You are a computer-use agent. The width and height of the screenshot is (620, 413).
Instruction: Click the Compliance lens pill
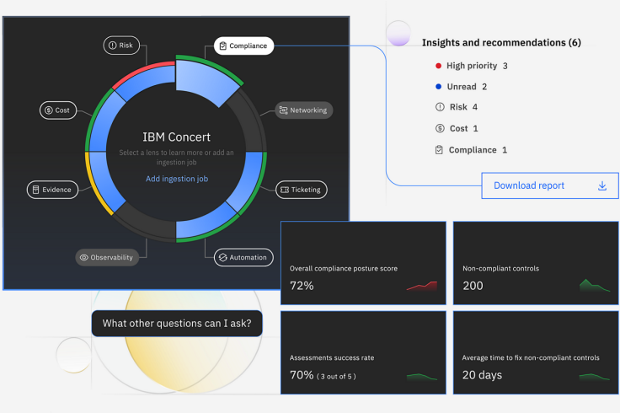tap(243, 46)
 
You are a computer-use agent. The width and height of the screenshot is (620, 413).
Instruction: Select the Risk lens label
tap(122, 46)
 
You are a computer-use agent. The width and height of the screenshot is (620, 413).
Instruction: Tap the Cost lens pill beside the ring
tap(57, 110)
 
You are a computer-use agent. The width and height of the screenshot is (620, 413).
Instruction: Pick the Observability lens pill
tap(107, 257)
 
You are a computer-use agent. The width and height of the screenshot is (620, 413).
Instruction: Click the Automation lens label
tap(242, 257)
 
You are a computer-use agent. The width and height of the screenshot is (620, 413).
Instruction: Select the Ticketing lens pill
tap(300, 190)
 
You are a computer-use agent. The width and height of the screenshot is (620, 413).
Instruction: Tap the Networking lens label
tap(302, 110)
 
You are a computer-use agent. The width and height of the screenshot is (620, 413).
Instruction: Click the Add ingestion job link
tap(176, 179)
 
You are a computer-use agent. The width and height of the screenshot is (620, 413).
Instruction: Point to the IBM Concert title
tap(176, 137)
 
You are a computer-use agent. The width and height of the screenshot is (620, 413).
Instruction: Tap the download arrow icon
tap(602, 185)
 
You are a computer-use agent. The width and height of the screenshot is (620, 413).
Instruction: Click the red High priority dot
tap(438, 66)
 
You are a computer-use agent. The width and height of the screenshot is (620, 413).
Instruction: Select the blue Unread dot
tap(438, 87)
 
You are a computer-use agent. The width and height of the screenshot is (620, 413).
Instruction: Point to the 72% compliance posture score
tap(302, 286)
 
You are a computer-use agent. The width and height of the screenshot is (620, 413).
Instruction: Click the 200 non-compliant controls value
tap(473, 286)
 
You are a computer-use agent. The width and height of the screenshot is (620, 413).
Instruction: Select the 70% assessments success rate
tap(302, 375)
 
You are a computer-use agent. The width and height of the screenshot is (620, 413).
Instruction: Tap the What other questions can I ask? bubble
tap(177, 323)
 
